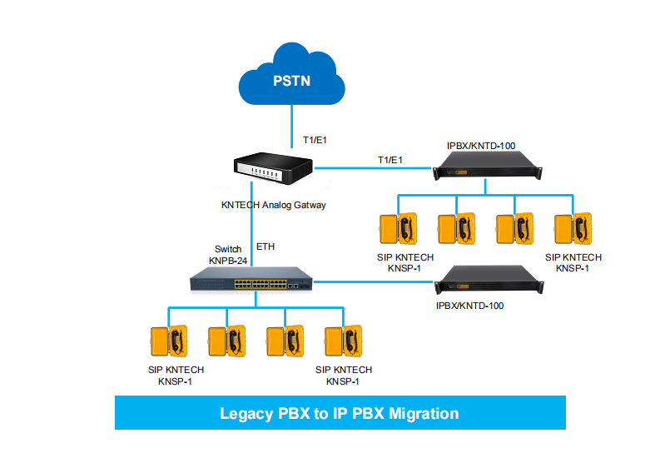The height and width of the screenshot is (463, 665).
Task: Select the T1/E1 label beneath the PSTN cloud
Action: tap(314, 140)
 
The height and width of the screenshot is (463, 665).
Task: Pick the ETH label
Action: tap(266, 246)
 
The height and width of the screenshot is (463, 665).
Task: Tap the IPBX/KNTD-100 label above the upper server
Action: tap(481, 146)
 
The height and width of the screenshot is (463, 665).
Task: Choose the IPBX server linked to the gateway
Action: tap(489, 171)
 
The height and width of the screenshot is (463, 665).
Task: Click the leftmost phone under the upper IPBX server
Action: tap(397, 230)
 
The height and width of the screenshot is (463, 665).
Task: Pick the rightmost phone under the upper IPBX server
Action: tap(573, 230)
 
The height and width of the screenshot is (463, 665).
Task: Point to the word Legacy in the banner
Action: tap(246, 413)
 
